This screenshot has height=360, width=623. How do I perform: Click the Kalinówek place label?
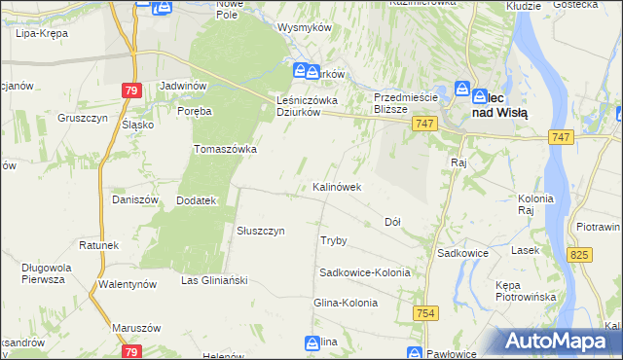tap(337, 186)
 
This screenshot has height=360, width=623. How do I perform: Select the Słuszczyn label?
tap(261, 231)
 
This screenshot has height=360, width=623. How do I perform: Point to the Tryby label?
tap(334, 239)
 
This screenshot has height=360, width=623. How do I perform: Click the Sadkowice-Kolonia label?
tap(365, 272)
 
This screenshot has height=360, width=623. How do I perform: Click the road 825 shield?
tap(580, 255)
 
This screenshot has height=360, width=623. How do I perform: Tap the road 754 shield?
tap(424, 312)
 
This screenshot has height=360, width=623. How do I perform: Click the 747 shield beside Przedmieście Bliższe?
tap(422, 124)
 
